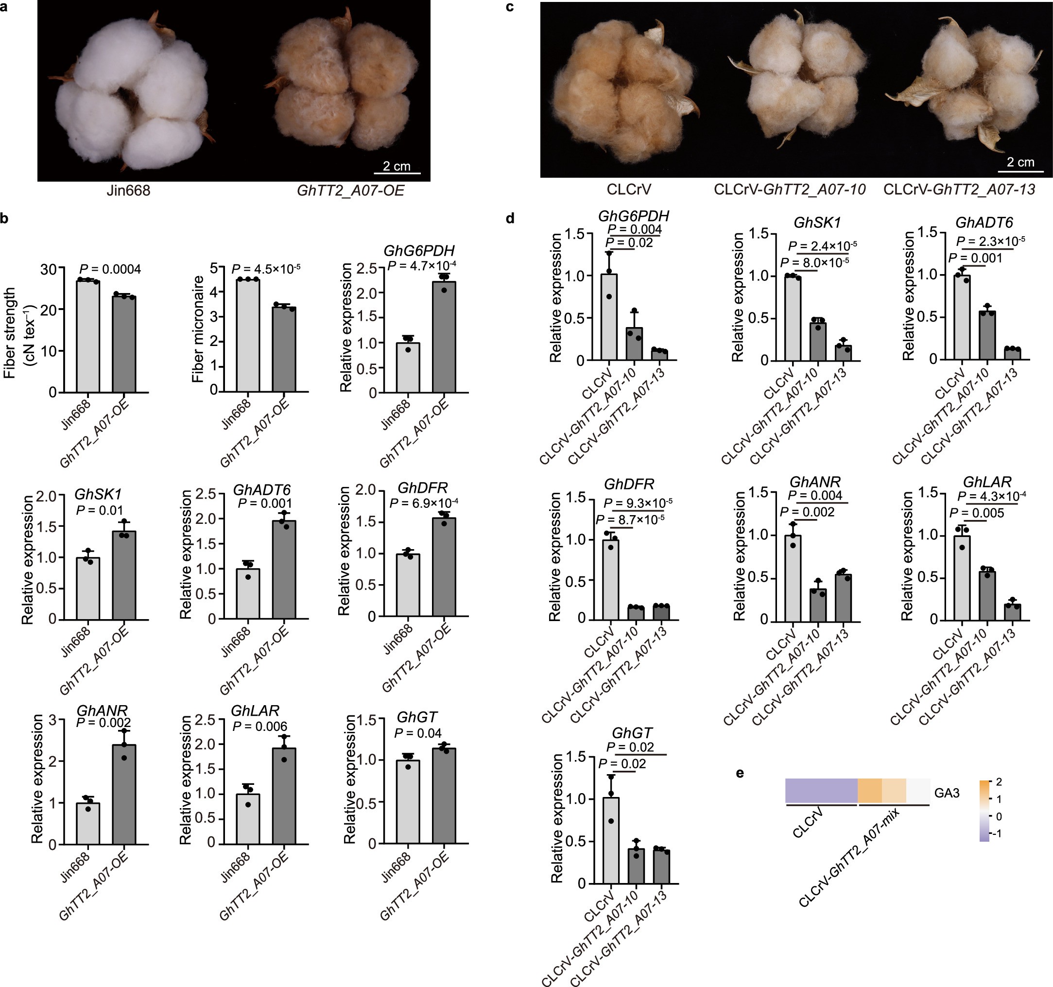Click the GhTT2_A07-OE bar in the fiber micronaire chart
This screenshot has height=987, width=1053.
click(284, 350)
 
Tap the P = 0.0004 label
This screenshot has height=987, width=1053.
click(110, 269)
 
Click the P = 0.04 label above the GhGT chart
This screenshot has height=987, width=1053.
click(418, 733)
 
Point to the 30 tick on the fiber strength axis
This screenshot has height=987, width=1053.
click(48, 269)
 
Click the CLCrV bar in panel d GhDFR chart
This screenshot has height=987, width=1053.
click(611, 579)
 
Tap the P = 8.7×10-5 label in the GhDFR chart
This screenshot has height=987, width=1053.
click(630, 519)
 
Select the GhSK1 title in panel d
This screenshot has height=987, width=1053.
click(817, 223)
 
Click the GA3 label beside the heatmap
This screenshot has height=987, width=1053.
click(947, 793)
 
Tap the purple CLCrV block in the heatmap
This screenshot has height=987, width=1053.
click(821, 791)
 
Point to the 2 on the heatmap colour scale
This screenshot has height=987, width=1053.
click(999, 782)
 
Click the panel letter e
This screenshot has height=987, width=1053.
click(740, 773)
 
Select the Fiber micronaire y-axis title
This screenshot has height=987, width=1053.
click(198, 329)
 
